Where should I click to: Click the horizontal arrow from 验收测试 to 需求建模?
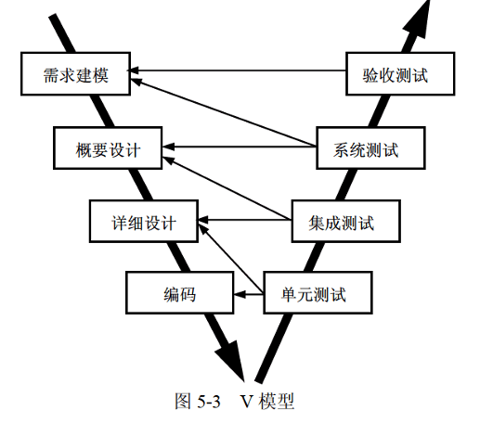click(x=238, y=70)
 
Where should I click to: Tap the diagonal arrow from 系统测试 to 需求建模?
click(x=224, y=112)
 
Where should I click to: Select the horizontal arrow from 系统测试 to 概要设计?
click(x=240, y=147)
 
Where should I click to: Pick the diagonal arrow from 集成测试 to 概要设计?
click(x=227, y=187)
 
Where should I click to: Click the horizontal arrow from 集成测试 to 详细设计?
click(x=245, y=220)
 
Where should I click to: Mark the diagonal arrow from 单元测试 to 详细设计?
click(x=231, y=260)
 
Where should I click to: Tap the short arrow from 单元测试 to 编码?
click(x=249, y=294)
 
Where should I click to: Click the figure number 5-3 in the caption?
click(x=209, y=401)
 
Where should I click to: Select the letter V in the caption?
click(x=247, y=401)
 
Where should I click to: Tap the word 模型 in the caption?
click(x=277, y=401)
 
